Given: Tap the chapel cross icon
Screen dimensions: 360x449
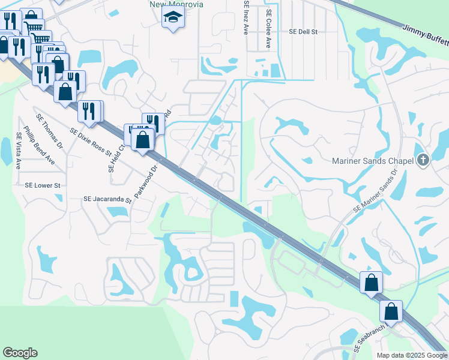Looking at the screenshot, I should point(424,160).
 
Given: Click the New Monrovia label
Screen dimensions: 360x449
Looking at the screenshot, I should point(176,4).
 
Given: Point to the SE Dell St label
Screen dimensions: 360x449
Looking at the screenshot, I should point(303,31).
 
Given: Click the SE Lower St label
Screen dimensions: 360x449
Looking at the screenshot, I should point(43,186).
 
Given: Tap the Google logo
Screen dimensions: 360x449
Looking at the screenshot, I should point(20,353).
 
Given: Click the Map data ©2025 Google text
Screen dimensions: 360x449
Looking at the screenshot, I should point(411,355).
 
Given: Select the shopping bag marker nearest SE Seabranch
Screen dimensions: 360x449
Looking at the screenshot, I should point(391,312).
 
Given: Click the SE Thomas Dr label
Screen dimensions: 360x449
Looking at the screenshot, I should point(50,131).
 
